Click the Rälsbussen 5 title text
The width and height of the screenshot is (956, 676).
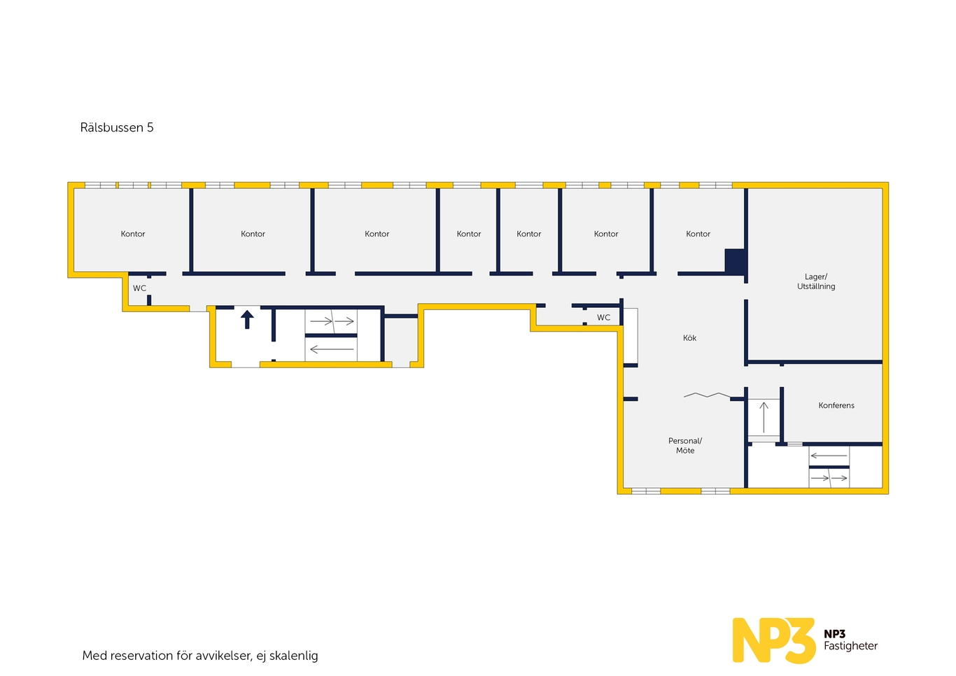(116, 127)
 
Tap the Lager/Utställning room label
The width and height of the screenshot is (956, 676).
(816, 281)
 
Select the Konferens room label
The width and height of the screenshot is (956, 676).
(836, 405)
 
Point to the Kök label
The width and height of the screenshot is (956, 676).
(689, 338)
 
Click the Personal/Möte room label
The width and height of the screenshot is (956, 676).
(685, 446)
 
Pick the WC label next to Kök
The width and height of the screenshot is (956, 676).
(603, 318)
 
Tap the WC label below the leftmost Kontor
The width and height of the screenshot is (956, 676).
(139, 288)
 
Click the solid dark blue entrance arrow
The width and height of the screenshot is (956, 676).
(247, 319)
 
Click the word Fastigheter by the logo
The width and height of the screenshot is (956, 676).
(850, 646)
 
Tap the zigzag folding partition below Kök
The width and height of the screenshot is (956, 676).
(707, 395)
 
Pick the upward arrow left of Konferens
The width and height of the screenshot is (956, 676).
(764, 417)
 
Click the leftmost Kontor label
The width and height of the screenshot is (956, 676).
(133, 234)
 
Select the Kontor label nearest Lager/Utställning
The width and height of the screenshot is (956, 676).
(698, 234)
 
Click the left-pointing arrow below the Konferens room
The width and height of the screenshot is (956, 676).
(829, 456)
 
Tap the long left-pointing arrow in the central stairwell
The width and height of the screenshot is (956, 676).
(331, 349)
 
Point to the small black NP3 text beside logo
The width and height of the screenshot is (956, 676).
(834, 634)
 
